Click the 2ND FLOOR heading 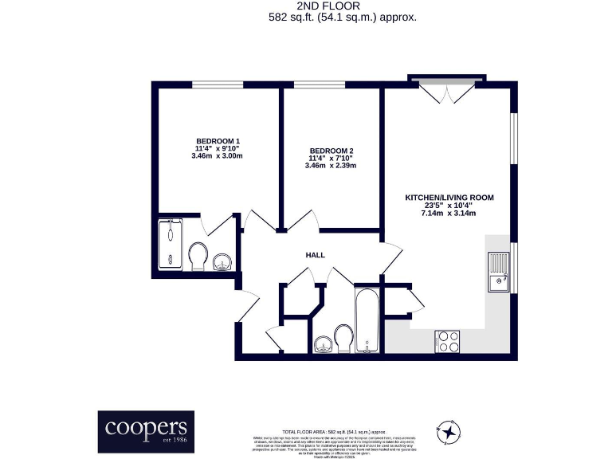[x=306, y=5]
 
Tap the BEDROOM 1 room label [x=218, y=141]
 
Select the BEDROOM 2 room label [x=331, y=151]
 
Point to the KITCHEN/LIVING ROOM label [x=449, y=198]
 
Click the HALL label [x=316, y=255]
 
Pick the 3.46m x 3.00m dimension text [x=218, y=156]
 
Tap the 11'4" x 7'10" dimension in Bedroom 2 [x=331, y=159]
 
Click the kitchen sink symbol [x=499, y=273]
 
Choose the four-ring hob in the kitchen [x=448, y=342]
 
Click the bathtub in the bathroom [x=367, y=321]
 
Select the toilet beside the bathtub [x=343, y=337]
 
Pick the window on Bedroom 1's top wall [x=218, y=84]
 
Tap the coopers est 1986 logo [x=145, y=432]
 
